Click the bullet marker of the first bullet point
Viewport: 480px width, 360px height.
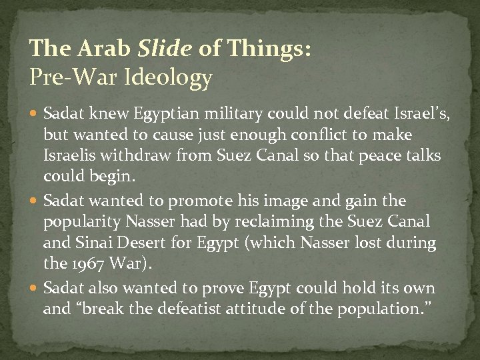pyautogui.click(x=35, y=116)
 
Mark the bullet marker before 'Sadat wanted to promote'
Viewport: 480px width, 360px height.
pyautogui.click(x=35, y=201)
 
